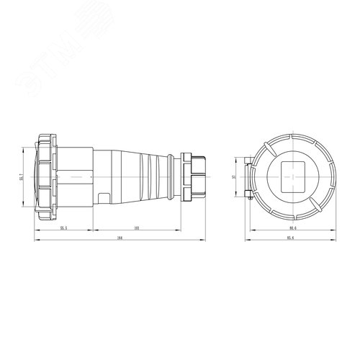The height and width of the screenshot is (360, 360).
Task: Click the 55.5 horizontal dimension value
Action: [x=63, y=227]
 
